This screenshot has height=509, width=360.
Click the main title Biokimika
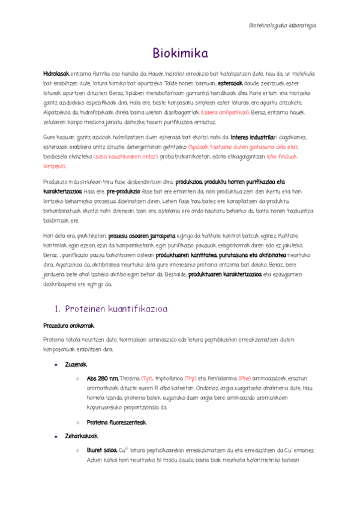point(180,54)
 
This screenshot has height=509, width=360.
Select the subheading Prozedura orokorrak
point(69,326)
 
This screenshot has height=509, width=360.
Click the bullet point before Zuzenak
point(56,364)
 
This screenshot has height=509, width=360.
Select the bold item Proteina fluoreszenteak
point(116,423)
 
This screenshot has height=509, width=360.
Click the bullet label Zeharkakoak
point(82,436)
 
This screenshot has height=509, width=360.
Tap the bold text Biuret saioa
point(101,450)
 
